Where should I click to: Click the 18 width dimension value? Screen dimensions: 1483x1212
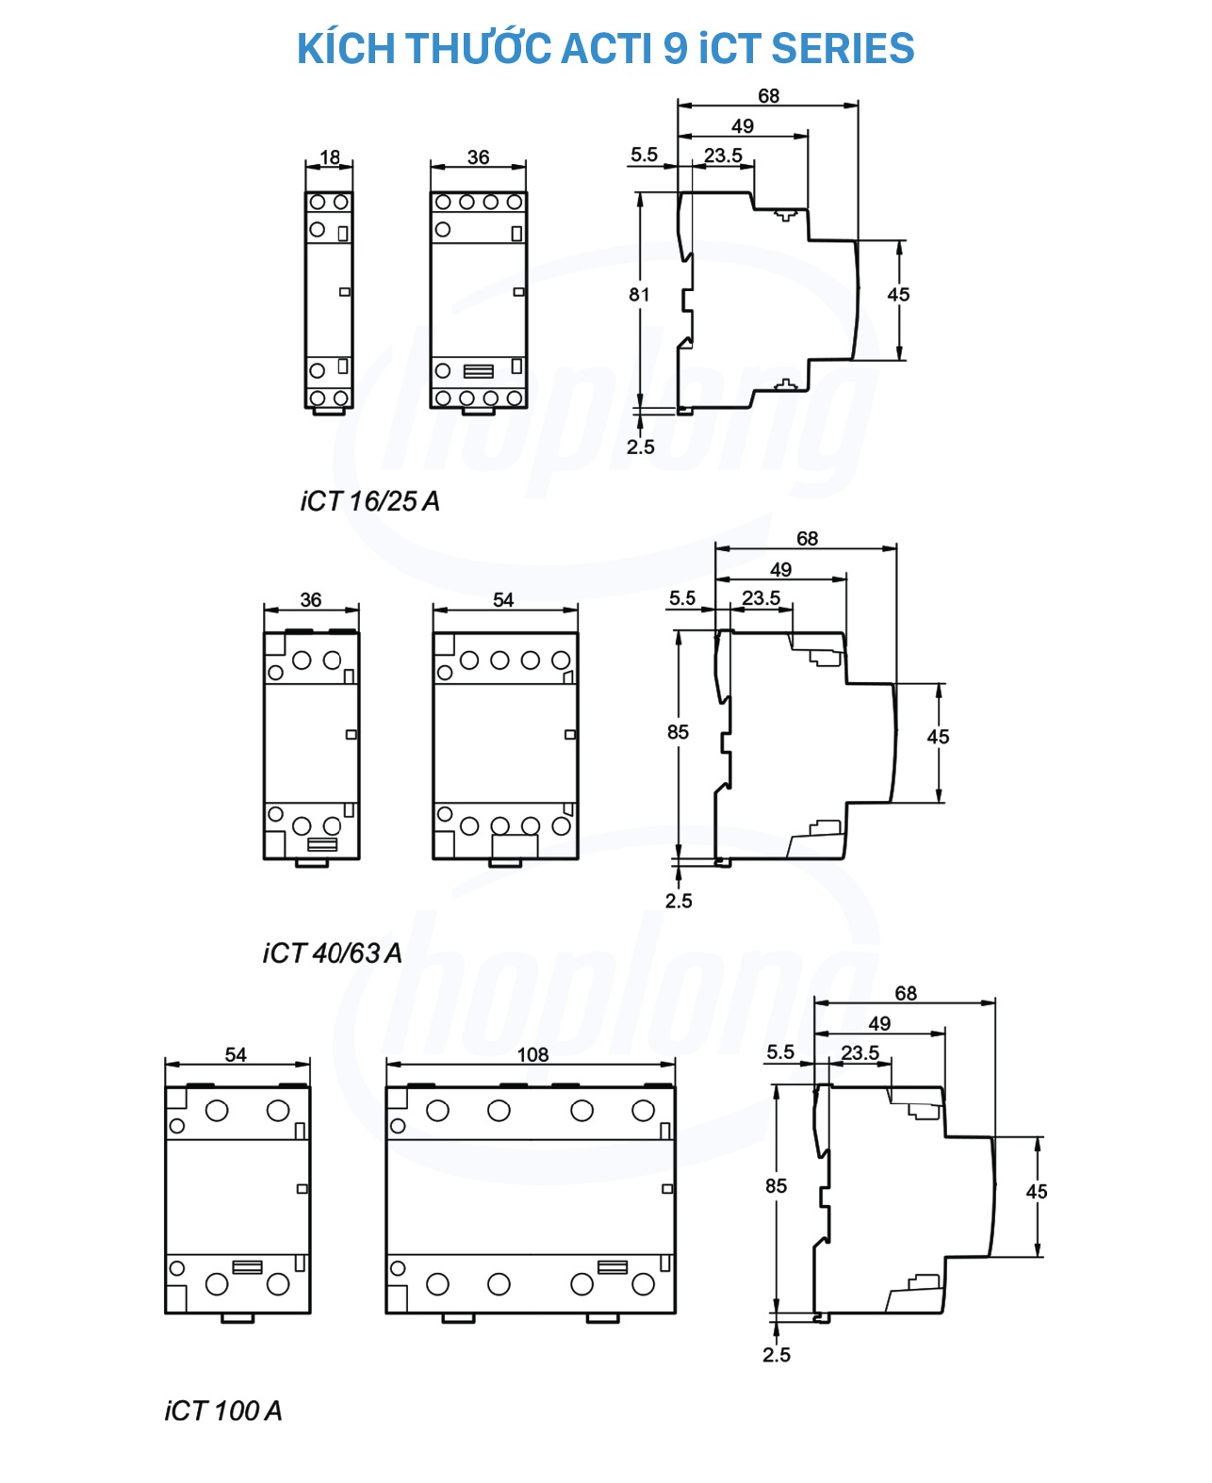click(x=330, y=157)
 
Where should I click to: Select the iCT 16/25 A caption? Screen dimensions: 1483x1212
click(x=370, y=501)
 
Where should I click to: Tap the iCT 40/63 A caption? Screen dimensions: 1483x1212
click(x=333, y=953)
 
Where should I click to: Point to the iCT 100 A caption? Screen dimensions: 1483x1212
click(x=223, y=1410)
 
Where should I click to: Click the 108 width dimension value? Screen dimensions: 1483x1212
click(x=532, y=1054)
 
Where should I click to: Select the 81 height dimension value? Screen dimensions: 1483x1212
click(x=639, y=295)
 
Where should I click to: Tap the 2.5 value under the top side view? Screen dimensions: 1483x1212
click(x=640, y=447)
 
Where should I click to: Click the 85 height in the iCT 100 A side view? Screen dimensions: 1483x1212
click(x=776, y=1186)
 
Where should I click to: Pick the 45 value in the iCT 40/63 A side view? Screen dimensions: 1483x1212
click(x=938, y=737)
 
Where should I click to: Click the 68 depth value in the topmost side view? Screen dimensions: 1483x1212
click(x=768, y=96)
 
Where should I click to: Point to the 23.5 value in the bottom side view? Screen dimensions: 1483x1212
click(x=860, y=1052)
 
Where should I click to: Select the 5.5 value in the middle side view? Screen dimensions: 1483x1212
click(x=681, y=598)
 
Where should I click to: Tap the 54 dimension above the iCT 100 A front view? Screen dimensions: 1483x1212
click(x=236, y=1054)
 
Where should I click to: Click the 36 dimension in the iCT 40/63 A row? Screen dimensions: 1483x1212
click(x=311, y=599)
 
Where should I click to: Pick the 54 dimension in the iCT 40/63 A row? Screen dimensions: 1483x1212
click(x=503, y=599)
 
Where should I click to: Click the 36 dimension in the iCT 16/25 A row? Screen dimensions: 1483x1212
click(x=478, y=157)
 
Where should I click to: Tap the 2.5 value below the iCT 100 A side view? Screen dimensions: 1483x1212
click(x=776, y=1355)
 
